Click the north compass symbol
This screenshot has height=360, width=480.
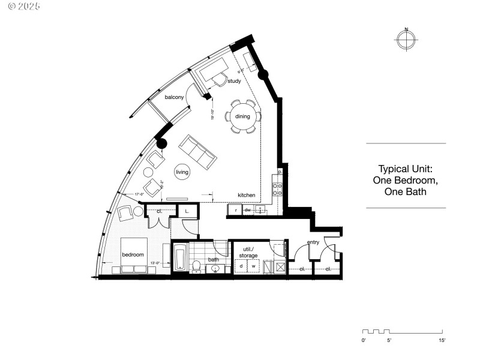(406, 40)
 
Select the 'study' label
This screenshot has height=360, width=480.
(234, 80)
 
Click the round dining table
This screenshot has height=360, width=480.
(242, 116)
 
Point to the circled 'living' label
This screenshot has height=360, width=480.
(182, 172)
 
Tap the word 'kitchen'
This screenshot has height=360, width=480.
(247, 195)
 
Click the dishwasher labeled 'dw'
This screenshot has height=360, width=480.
(247, 210)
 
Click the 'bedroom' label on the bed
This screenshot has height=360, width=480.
(133, 254)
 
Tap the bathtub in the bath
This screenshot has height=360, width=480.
(180, 258)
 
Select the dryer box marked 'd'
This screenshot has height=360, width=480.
(241, 266)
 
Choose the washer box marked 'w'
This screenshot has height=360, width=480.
(253, 266)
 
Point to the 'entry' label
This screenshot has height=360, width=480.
(313, 242)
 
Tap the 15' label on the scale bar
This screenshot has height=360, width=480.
(442, 340)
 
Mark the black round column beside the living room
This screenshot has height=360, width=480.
(161, 143)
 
